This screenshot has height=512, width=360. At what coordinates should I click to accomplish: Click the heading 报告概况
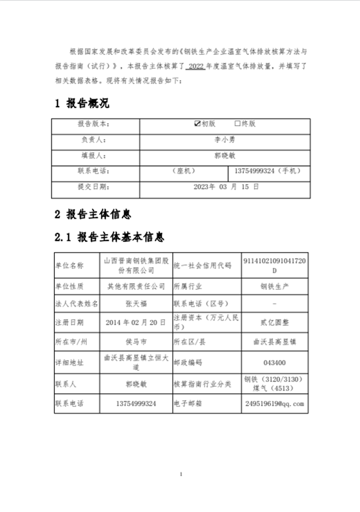(x=82, y=104)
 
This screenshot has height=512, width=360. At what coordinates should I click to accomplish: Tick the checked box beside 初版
(x=197, y=123)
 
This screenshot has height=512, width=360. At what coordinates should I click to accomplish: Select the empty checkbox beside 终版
(x=238, y=123)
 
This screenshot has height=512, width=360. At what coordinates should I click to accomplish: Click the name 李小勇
(x=224, y=140)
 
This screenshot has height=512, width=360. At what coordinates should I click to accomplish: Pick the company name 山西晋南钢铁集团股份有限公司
(x=136, y=265)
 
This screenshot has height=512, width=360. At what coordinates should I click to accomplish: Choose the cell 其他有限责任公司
(x=136, y=286)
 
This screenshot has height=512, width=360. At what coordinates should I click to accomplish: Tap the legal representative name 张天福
(x=136, y=303)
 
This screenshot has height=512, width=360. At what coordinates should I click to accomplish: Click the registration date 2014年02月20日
(x=136, y=322)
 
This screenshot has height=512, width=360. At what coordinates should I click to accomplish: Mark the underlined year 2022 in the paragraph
(x=195, y=66)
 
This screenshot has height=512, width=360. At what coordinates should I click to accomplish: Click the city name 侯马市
(x=136, y=342)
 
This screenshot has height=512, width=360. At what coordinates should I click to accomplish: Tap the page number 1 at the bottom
(x=180, y=474)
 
